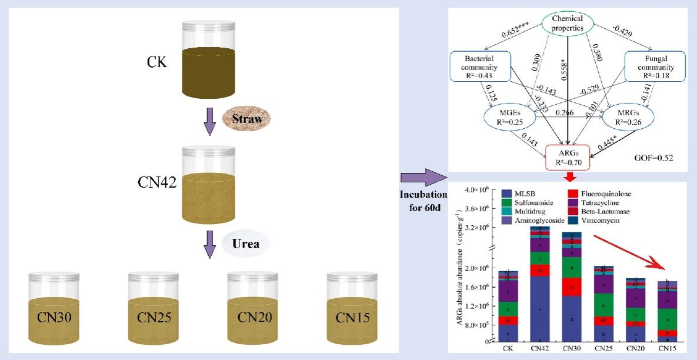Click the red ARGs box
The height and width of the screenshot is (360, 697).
point(569,157)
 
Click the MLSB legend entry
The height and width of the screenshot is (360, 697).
point(521,194)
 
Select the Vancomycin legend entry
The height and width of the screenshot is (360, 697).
point(600,220)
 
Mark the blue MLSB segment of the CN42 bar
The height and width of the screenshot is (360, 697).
point(540,308)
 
